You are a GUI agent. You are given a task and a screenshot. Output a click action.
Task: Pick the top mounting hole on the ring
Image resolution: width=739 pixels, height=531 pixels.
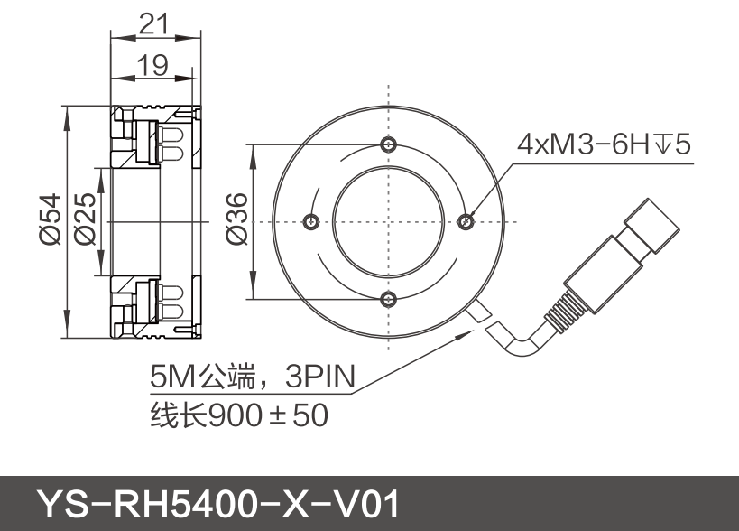point(388,145)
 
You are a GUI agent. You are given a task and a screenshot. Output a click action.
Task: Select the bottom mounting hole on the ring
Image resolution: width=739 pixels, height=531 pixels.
point(388,299)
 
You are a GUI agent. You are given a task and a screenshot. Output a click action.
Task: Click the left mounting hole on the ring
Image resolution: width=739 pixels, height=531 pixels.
point(311,221)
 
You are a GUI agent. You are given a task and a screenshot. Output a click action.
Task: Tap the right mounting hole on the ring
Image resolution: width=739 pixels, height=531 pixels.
point(466,220)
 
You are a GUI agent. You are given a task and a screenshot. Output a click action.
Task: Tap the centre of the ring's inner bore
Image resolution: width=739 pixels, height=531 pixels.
point(388,221)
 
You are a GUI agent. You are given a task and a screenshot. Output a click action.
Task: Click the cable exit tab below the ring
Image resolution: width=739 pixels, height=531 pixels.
point(478,311)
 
